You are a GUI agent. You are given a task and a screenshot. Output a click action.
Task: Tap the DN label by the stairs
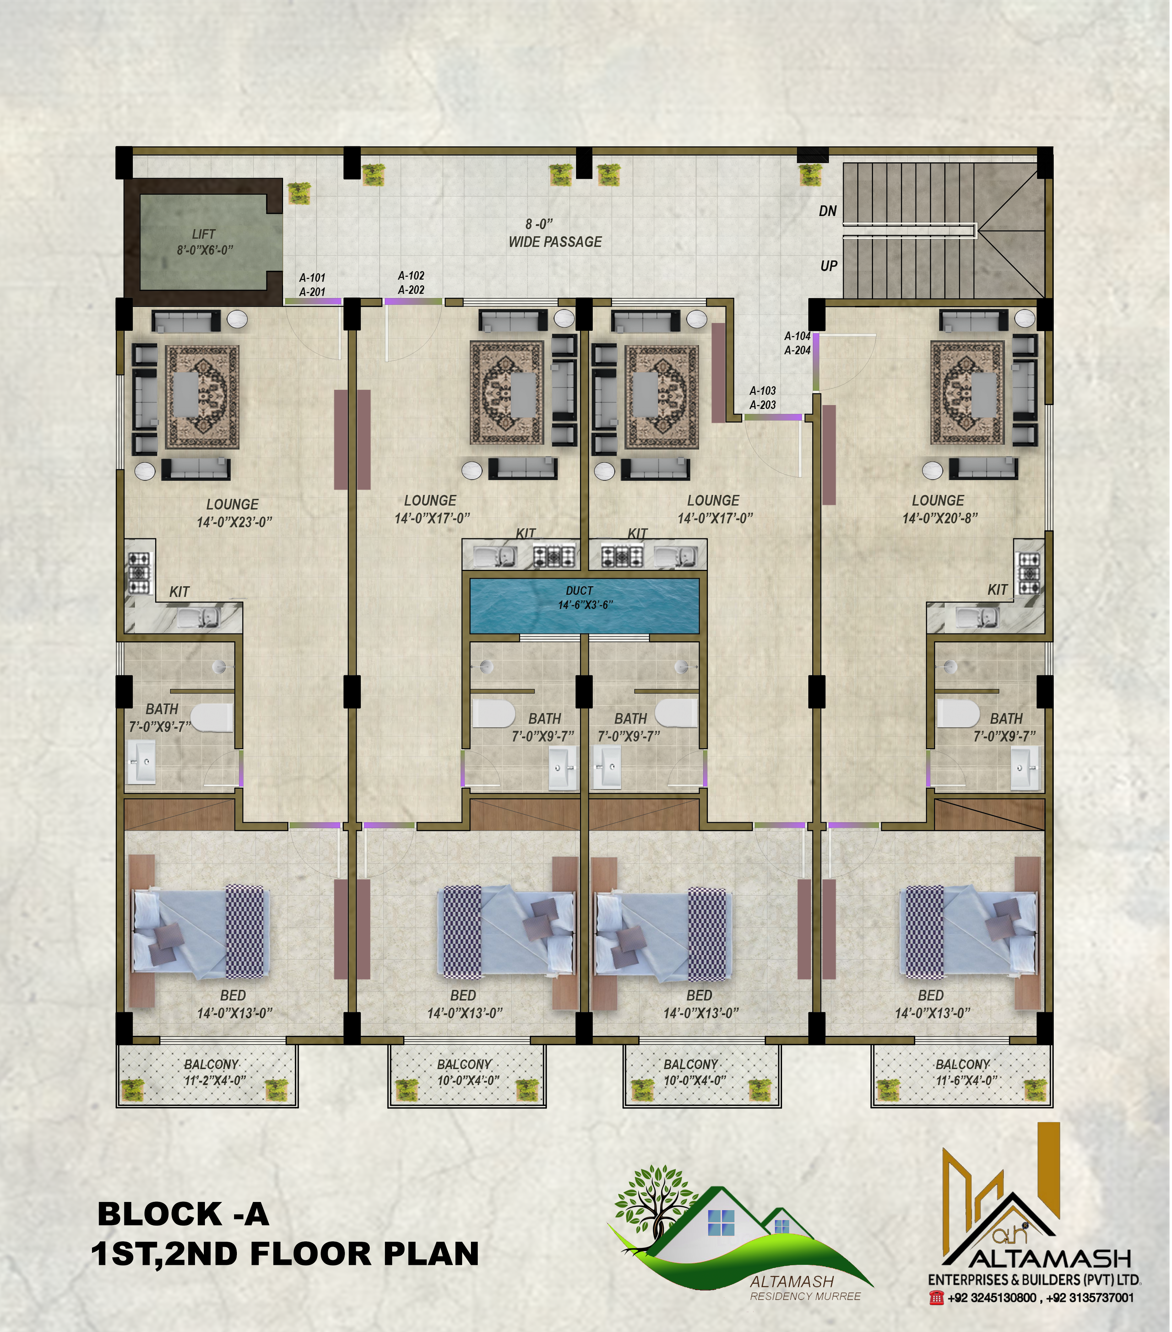828,211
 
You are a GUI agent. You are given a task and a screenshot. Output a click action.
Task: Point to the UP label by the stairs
829,266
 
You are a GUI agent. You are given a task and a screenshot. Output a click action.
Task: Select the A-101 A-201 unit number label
312,285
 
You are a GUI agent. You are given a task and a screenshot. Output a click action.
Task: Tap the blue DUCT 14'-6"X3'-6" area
584,605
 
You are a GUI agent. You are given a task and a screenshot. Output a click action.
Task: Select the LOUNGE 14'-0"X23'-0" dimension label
234,513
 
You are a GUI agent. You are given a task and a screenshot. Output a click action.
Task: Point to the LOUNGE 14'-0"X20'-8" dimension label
939,509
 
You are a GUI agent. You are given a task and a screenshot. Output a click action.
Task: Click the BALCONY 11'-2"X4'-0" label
212,1072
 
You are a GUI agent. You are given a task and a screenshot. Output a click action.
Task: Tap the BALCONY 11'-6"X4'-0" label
963,1072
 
